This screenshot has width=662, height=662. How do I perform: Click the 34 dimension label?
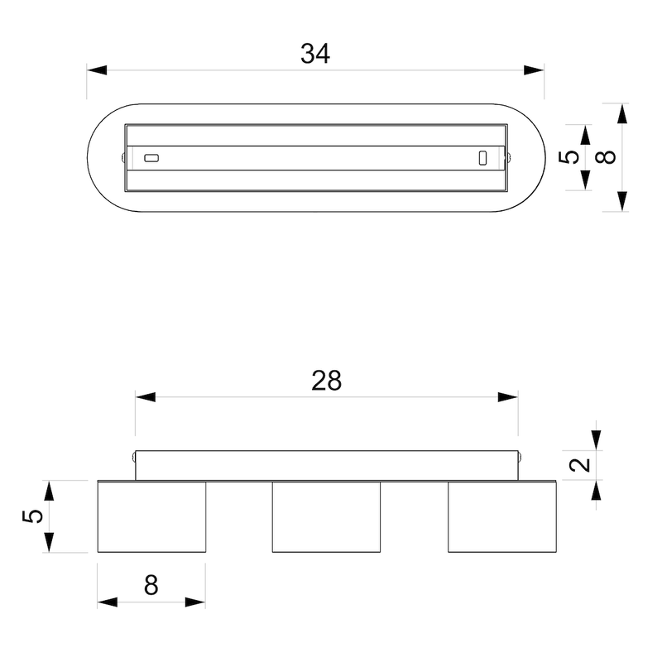coord(315,54)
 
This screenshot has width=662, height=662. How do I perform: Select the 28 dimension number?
coord(327,381)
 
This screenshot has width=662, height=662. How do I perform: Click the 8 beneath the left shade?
coord(151,585)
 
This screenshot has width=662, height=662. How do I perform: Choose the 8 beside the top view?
coord(609,157)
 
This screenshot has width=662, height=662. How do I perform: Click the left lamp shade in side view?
coord(151,516)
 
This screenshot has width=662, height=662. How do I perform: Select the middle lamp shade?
coord(326,516)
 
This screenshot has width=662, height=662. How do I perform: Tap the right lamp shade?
coord(502,516)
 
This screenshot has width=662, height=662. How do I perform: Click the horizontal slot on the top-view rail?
coord(151,157)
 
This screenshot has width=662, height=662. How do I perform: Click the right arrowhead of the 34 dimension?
coord(535,71)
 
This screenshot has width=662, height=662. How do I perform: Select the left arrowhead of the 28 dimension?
coord(146,397)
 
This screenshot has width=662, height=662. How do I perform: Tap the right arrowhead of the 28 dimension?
coord(508,397)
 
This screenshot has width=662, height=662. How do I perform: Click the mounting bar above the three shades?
coord(326,465)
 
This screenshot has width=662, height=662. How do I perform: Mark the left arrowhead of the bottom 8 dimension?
coord(107,602)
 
